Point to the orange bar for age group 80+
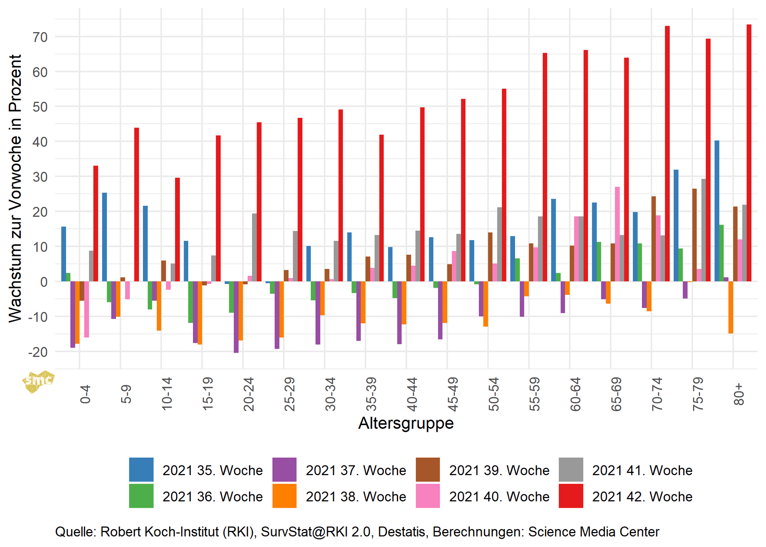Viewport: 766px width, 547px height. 730,307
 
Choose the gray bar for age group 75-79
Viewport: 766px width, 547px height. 704,230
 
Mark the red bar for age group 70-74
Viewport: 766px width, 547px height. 667,153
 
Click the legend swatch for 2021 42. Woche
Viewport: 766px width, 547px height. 571,496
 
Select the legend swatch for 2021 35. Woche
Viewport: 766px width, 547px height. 141,470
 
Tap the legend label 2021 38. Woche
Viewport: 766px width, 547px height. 356,496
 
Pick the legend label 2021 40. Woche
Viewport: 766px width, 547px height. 499,496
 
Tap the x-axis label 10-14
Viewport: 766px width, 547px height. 167,394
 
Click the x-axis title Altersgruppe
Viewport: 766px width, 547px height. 406,423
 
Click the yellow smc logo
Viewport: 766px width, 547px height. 38,381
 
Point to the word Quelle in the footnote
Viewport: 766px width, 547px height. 76,532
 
